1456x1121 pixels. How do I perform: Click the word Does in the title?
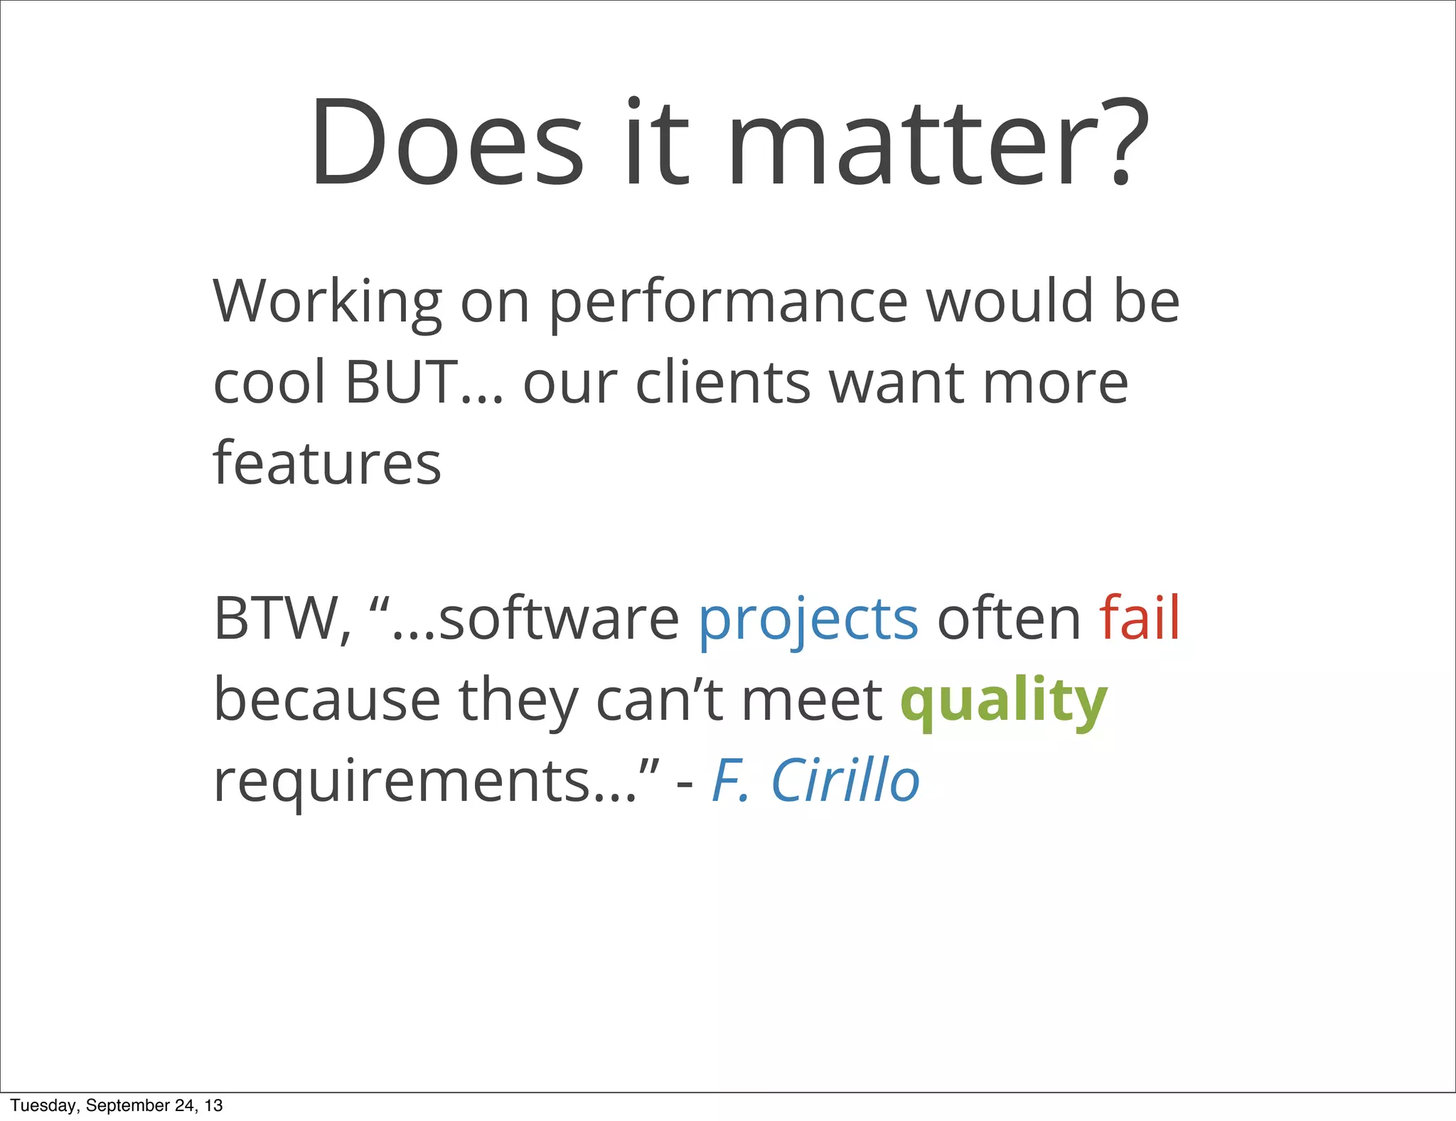pyautogui.click(x=446, y=144)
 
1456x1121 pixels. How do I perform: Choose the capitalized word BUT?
pyautogui.click(x=402, y=382)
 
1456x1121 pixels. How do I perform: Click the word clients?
pyautogui.click(x=722, y=382)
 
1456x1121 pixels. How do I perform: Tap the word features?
pyautogui.click(x=327, y=464)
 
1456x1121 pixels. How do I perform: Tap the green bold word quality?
pyautogui.click(x=1003, y=701)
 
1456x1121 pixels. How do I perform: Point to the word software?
pyautogui.click(x=559, y=619)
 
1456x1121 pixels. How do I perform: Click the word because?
pyautogui.click(x=327, y=700)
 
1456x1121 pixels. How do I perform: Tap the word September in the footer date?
pyautogui.click(x=128, y=1105)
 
